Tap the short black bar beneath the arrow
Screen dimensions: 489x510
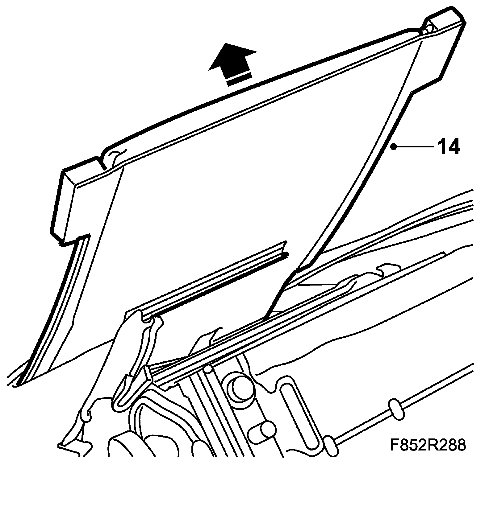(x=239, y=79)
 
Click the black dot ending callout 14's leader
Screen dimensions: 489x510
(x=393, y=147)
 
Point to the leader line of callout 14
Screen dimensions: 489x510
(x=414, y=147)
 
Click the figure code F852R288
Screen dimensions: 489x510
(x=427, y=445)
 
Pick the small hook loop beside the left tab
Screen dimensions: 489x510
(x=115, y=156)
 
